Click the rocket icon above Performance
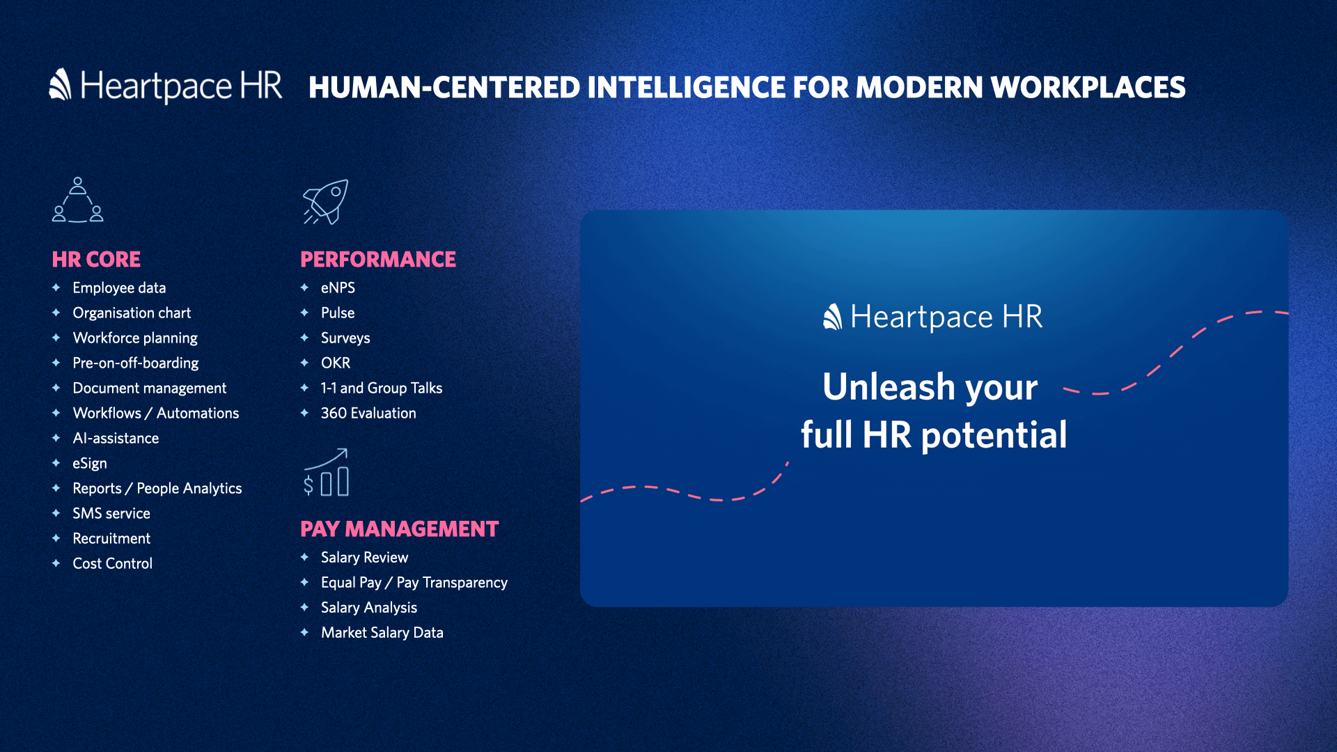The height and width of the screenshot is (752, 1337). [x=325, y=202]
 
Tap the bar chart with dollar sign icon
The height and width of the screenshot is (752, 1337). [x=326, y=472]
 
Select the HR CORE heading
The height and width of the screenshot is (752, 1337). [x=96, y=259]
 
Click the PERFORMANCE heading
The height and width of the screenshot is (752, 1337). [x=378, y=259]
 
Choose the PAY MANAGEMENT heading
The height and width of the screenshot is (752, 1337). [x=400, y=528]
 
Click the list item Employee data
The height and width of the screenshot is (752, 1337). [x=119, y=288]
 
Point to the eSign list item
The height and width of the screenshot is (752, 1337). [x=90, y=463]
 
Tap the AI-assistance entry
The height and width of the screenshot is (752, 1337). [x=116, y=438]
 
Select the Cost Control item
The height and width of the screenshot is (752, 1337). [x=112, y=563]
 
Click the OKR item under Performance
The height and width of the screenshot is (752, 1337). [x=336, y=363]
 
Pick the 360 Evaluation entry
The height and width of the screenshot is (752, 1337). [x=368, y=413]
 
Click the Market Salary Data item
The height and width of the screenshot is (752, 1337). [x=382, y=632]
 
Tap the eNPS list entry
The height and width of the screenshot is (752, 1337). [x=338, y=288]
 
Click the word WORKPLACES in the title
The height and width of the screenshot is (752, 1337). [x=1088, y=87]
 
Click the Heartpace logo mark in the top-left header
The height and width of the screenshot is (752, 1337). [x=61, y=84]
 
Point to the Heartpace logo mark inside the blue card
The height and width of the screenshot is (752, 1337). [x=832, y=317]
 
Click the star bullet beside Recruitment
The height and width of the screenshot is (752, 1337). [x=56, y=538]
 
